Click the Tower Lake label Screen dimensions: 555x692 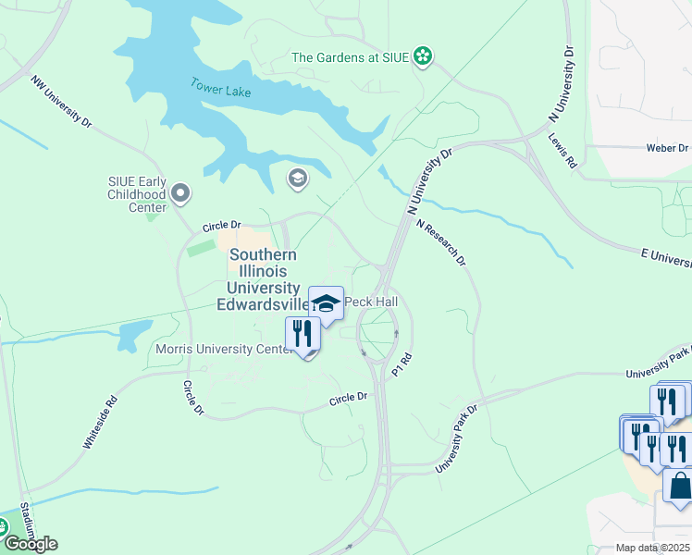(x=221, y=88)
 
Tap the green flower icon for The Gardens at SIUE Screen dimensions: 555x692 (x=423, y=57)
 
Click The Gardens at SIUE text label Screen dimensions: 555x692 (x=350, y=57)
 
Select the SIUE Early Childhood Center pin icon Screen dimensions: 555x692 (x=181, y=193)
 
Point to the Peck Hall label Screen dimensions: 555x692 (x=371, y=302)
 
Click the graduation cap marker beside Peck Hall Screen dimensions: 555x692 (x=326, y=302)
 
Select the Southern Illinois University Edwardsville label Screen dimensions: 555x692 (x=264, y=279)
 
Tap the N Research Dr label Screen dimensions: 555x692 (x=440, y=242)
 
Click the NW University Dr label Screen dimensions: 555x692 (x=62, y=102)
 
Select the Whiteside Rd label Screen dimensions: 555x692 (x=102, y=423)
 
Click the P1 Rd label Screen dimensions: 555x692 (x=401, y=363)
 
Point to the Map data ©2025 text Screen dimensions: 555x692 (x=651, y=548)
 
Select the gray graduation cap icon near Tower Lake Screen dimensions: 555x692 (x=297, y=179)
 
